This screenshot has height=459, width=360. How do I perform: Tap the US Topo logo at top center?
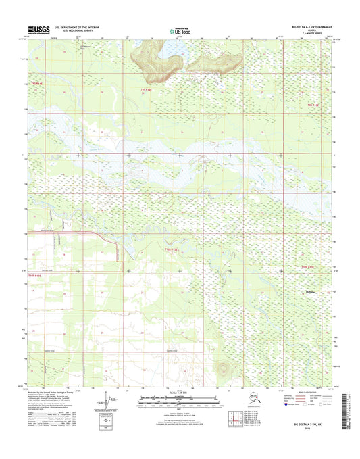pos(179,30)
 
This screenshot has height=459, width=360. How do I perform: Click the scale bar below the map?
pos(179,401)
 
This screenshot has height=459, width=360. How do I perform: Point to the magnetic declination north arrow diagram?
pos(110,404)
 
